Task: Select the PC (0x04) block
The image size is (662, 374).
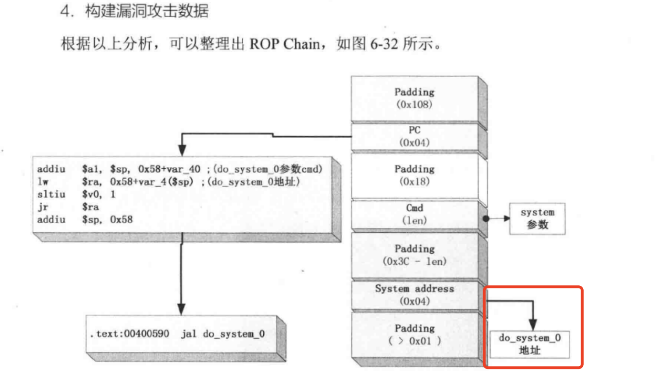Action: point(414,136)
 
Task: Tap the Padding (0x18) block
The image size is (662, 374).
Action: point(414,175)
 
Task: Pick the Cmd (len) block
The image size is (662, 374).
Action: point(414,214)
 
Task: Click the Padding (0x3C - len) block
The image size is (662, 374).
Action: point(414,255)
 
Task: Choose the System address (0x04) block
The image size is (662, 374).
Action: point(414,295)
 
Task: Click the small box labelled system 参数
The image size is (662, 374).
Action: point(537,219)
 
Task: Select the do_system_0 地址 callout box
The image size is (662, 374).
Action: point(530,344)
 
